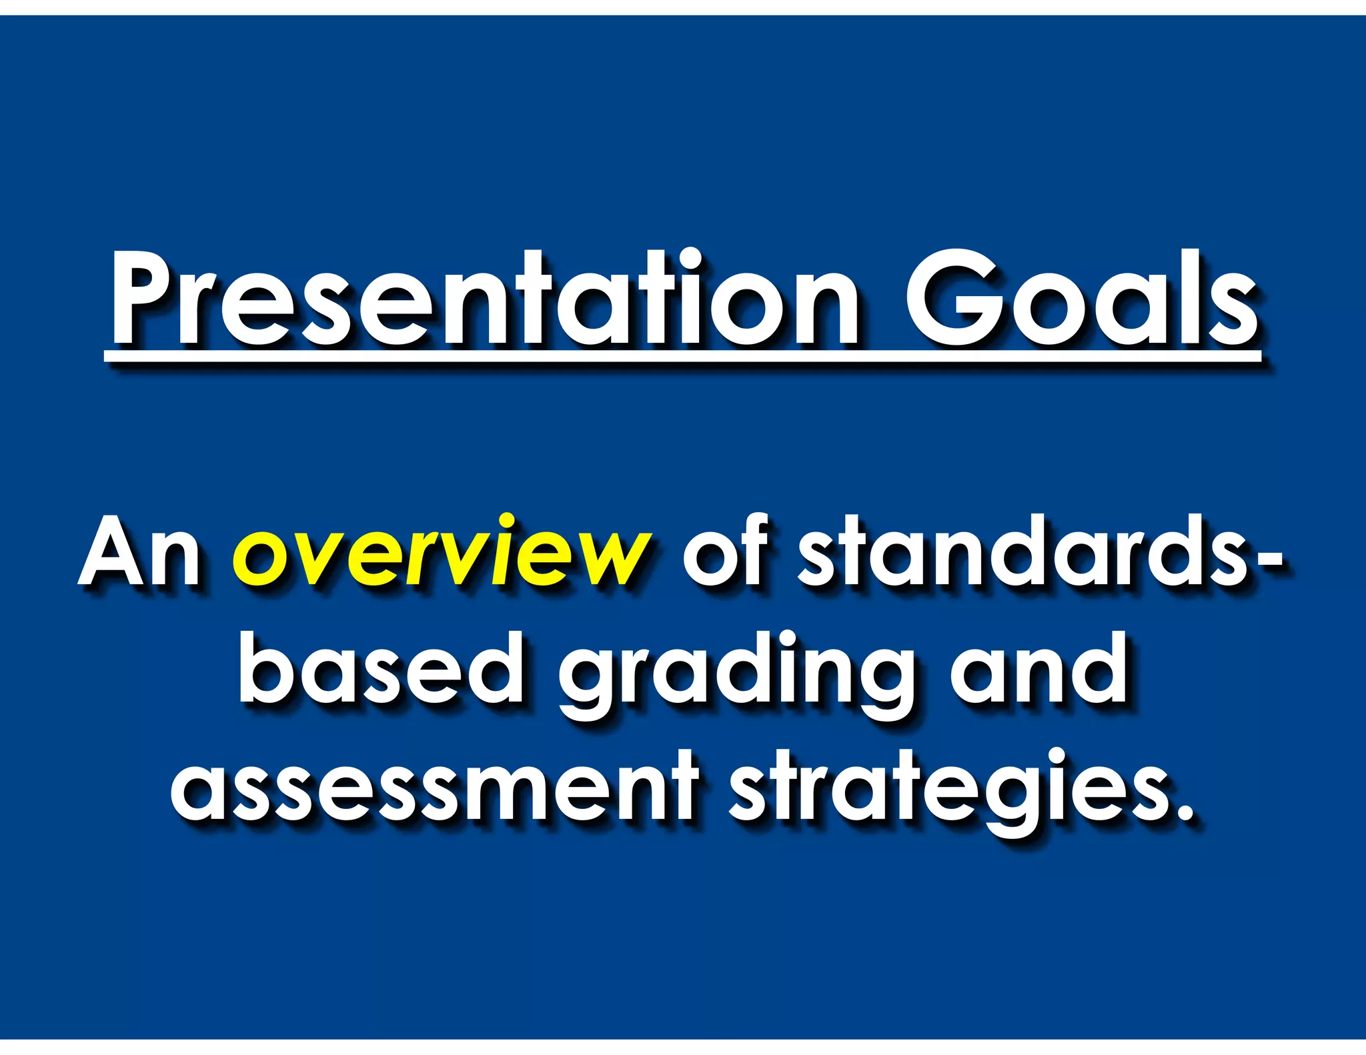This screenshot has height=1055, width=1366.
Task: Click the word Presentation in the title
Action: tap(484, 300)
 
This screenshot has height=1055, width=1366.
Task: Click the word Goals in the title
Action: tap(1081, 300)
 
